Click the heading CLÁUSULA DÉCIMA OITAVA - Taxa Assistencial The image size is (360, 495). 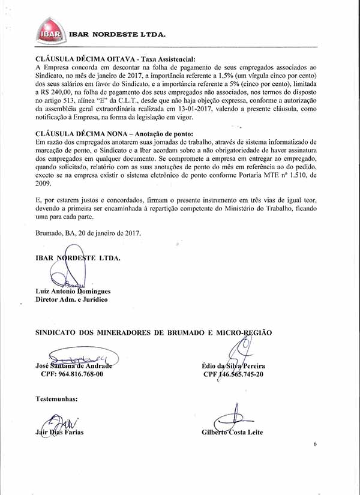coord(116,60)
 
